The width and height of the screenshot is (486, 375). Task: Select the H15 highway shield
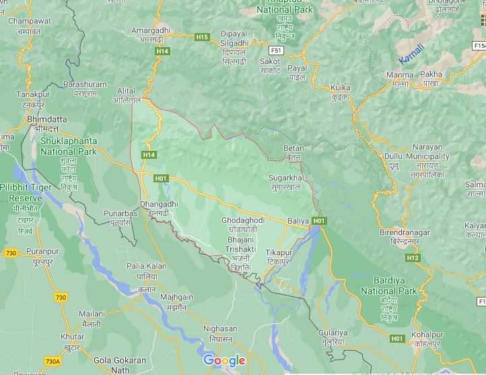pyautogui.click(x=202, y=36)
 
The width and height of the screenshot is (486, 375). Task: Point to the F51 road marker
pyautogui.click(x=276, y=50)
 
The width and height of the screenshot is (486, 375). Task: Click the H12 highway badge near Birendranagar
pyautogui.click(x=413, y=258)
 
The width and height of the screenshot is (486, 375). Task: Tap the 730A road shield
pyautogui.click(x=53, y=362)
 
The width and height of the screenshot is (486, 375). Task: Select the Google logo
pyautogui.click(x=224, y=360)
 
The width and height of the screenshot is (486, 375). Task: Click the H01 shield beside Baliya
pyautogui.click(x=319, y=221)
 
